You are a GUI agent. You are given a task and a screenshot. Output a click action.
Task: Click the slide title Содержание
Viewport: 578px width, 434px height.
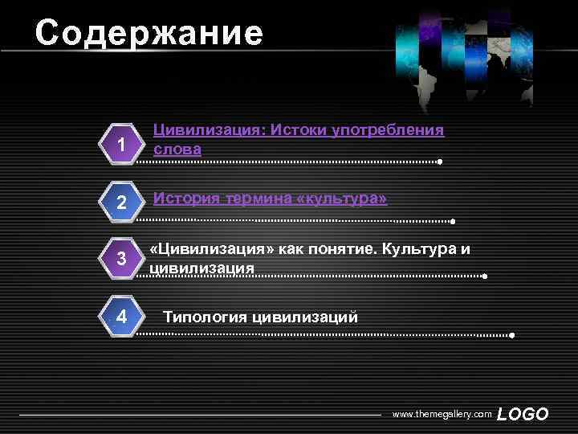pyautogui.click(x=149, y=34)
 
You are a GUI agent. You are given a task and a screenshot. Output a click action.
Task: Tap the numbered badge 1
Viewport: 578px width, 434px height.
pyautogui.click(x=121, y=145)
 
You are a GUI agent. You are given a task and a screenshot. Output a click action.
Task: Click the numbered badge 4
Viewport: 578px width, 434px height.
pyautogui.click(x=121, y=316)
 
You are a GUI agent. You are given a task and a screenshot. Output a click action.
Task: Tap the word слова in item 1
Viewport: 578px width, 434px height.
pyautogui.click(x=177, y=149)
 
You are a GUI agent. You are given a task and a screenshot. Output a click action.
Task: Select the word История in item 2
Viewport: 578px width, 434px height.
pyautogui.click(x=185, y=198)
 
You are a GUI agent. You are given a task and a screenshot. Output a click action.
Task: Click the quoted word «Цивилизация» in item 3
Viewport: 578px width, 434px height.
pyautogui.click(x=213, y=249)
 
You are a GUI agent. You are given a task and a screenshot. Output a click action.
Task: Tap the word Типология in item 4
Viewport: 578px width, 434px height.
pyautogui.click(x=205, y=317)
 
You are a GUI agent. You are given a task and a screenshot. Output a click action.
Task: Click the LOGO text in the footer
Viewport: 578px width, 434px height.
pyautogui.click(x=523, y=415)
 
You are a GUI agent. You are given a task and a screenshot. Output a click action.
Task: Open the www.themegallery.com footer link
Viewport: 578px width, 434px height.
pyautogui.click(x=441, y=414)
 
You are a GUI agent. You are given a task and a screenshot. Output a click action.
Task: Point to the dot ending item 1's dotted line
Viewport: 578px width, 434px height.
pyautogui.click(x=441, y=162)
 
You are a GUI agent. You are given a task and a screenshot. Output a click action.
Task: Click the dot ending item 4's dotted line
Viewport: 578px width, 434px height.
pyautogui.click(x=511, y=335)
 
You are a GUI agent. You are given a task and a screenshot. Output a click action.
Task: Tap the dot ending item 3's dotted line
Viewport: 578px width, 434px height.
pyautogui.click(x=485, y=276)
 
